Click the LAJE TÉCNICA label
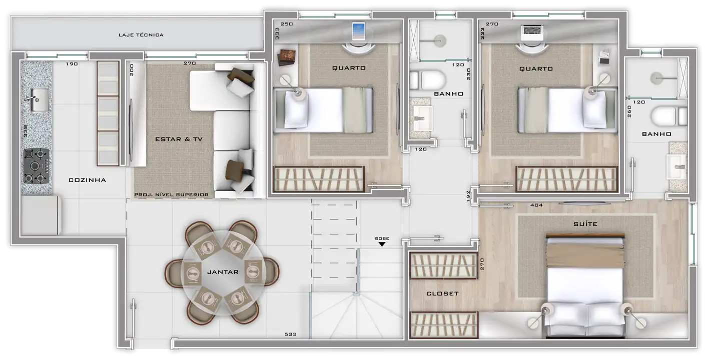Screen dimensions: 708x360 click(141, 35)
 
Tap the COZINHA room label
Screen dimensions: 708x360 click(87, 180)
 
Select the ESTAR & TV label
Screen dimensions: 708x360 click(179, 139)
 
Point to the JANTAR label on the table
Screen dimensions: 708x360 click(223, 272)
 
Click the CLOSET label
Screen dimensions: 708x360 click(442, 293)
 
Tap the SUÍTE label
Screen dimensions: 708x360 click(585, 224)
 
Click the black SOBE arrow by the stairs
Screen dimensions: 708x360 click(382, 244)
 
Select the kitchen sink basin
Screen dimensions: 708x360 click(40, 100)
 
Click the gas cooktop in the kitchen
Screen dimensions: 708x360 click(37, 166)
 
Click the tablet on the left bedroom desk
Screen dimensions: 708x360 click(359, 31)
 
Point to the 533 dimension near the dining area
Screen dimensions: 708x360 click(291, 334)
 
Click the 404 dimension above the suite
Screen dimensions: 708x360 click(536, 205)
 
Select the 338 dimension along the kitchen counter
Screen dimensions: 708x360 click(26, 131)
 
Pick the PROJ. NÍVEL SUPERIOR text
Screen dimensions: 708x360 click(171, 194)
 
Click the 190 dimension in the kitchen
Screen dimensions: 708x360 click(72, 64)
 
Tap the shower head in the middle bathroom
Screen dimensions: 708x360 click(439, 40)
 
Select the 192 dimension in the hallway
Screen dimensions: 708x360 click(468, 196)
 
